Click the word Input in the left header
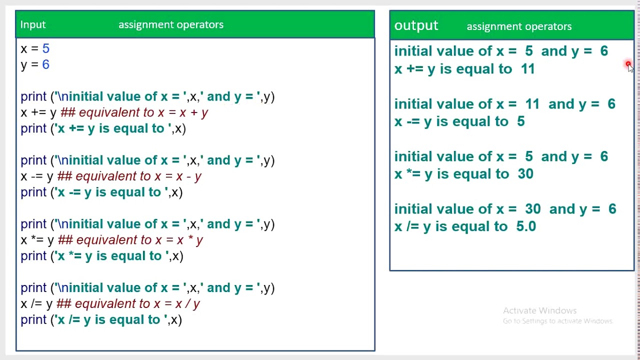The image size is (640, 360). point(33,24)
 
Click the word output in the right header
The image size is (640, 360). point(416,25)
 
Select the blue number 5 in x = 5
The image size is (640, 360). point(46,48)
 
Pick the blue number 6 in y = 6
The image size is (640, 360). point(46,64)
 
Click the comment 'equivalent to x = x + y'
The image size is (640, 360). point(143,112)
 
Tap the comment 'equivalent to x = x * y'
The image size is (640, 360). point(139,240)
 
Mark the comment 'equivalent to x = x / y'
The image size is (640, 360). point(137,304)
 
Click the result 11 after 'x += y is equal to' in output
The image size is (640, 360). point(528,69)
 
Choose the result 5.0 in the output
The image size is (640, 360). point(526,226)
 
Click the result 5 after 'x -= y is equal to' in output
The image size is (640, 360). point(521,121)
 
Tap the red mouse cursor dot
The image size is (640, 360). point(628,64)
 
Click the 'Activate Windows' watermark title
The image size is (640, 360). point(539,310)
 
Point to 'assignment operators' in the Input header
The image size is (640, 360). point(171,24)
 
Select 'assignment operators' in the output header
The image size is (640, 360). point(519,26)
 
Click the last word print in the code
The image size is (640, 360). point(33,320)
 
